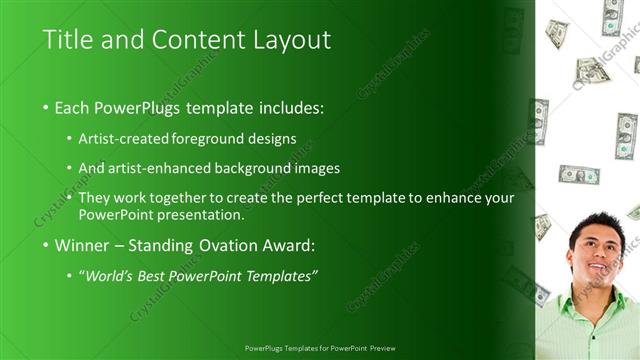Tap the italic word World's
click(110, 275)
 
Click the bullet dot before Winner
click(46, 245)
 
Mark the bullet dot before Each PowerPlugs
click(46, 106)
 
